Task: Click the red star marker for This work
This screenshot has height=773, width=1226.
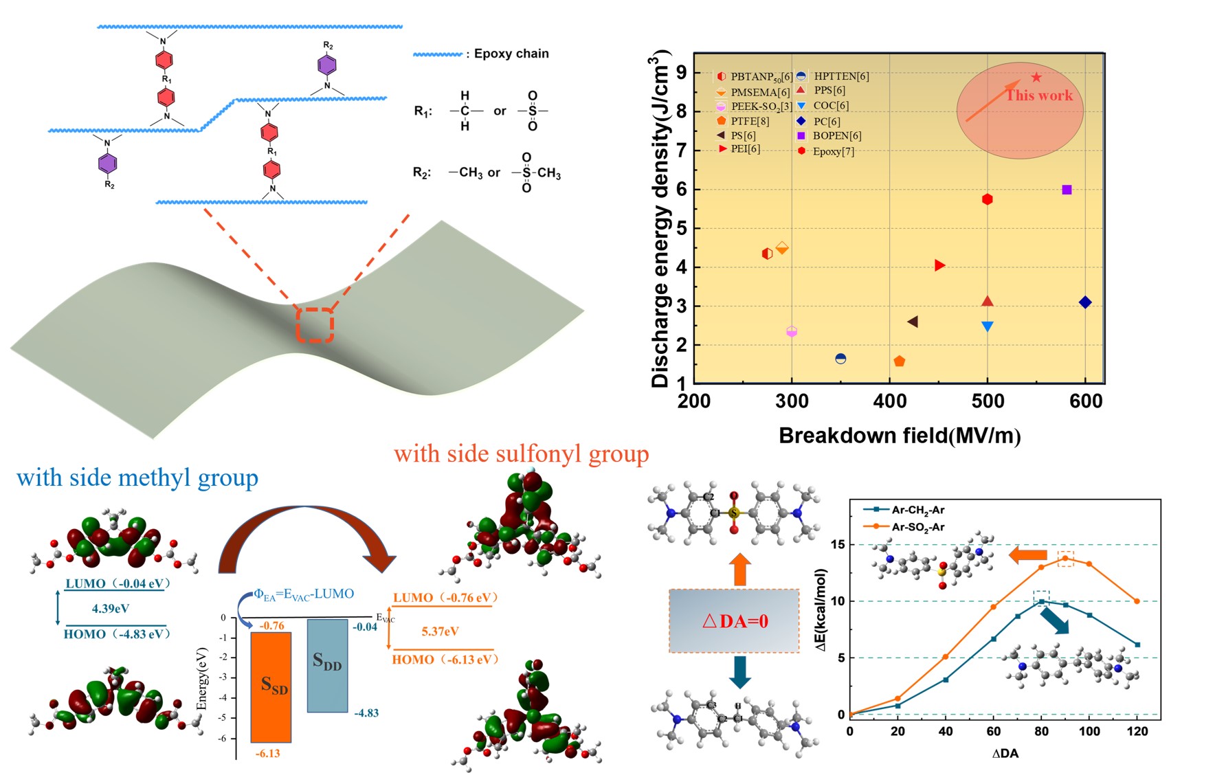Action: pyautogui.click(x=1036, y=78)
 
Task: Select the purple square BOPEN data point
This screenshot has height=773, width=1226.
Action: pyautogui.click(x=1067, y=190)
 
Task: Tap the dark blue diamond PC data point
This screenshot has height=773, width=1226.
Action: pyautogui.click(x=1085, y=302)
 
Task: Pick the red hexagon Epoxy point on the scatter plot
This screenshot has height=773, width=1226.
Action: pyautogui.click(x=988, y=199)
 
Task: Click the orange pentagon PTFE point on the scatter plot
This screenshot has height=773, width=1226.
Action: pyautogui.click(x=899, y=361)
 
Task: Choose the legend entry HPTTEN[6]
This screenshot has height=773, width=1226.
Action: pyautogui.click(x=840, y=76)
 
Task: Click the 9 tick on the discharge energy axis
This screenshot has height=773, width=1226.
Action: pyautogui.click(x=681, y=72)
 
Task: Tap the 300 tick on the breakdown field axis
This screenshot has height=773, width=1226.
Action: pyautogui.click(x=792, y=401)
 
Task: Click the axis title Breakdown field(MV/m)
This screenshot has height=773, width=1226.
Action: pyautogui.click(x=899, y=436)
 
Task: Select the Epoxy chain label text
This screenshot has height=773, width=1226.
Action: pyautogui.click(x=511, y=54)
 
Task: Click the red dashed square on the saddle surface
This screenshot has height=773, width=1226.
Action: pyautogui.click(x=315, y=325)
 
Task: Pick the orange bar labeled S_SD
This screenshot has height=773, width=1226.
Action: pyautogui.click(x=271, y=687)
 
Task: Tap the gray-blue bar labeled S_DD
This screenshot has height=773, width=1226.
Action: pyautogui.click(x=327, y=665)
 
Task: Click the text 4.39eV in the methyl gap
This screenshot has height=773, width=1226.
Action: pyautogui.click(x=111, y=608)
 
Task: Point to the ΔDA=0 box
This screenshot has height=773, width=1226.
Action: pyautogui.click(x=734, y=620)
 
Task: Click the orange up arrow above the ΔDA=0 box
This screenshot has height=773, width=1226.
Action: pyautogui.click(x=739, y=570)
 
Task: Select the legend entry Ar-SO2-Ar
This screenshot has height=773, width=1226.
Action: pyautogui.click(x=917, y=527)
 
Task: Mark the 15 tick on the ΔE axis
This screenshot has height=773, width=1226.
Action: pyautogui.click(x=838, y=545)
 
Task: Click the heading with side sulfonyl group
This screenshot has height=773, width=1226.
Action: pyautogui.click(x=521, y=454)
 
